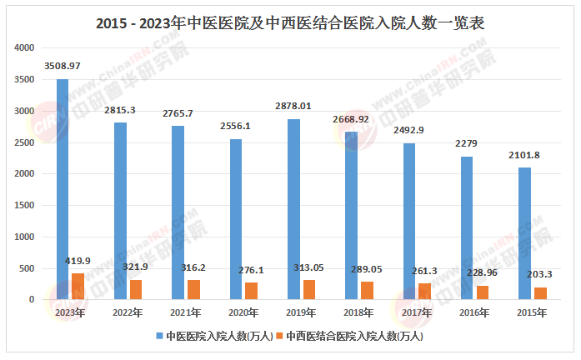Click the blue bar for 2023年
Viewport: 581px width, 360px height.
[63, 189]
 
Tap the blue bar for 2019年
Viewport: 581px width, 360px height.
[293, 209]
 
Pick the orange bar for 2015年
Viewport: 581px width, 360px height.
[539, 293]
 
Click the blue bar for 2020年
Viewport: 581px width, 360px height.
[236, 219]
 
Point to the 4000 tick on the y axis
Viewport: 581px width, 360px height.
[24, 48]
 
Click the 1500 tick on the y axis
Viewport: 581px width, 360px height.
[24, 206]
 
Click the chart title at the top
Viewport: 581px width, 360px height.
[290, 23]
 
